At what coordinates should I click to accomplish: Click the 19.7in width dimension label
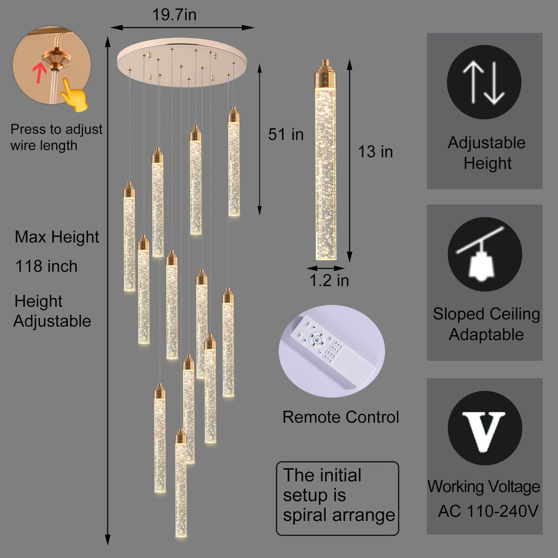point(174,15)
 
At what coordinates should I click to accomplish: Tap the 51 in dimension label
point(286,134)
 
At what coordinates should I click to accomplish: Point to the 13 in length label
point(375,152)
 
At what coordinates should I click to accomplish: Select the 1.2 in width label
point(329,280)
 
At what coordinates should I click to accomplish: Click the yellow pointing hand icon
point(74,96)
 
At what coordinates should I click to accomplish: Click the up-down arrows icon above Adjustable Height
point(484,82)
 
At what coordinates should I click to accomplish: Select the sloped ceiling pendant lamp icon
point(485,254)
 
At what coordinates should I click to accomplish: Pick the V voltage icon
point(485,428)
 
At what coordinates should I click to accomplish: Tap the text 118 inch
point(46,266)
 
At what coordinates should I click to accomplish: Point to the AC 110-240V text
point(487,511)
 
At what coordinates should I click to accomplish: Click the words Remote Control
point(340,417)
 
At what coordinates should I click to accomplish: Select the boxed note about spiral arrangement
point(338,498)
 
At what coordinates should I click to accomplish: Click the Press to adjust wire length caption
point(56,137)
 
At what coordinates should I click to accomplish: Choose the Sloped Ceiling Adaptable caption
point(486,324)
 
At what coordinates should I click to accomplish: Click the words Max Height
point(57,237)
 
